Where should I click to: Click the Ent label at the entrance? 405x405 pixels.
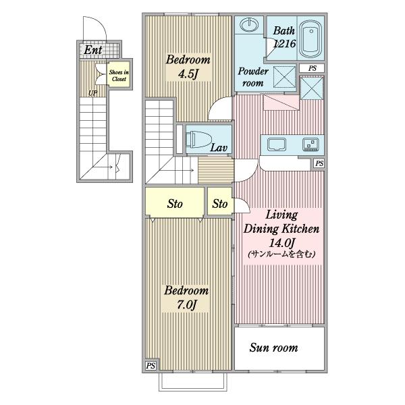(92, 50)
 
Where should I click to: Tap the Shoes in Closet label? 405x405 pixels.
(119, 76)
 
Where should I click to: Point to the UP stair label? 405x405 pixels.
(92, 93)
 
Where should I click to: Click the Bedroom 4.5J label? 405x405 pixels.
(188, 67)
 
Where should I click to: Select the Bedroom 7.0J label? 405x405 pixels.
(186, 298)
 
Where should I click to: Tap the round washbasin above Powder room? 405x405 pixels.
(249, 25)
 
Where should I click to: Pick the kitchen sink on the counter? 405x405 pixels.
(277, 144)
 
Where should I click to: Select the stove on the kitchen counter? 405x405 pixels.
(310, 144)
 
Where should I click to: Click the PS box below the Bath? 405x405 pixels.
(312, 68)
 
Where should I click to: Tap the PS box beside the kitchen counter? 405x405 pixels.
(319, 163)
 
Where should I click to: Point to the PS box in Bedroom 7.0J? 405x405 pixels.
(151, 365)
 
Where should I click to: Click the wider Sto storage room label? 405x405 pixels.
(175, 204)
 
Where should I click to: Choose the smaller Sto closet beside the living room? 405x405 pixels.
(220, 204)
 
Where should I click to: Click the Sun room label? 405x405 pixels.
(273, 348)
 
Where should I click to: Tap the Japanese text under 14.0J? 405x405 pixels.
(281, 254)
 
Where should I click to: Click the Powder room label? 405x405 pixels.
(253, 77)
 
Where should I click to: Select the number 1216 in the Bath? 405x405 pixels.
(284, 44)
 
